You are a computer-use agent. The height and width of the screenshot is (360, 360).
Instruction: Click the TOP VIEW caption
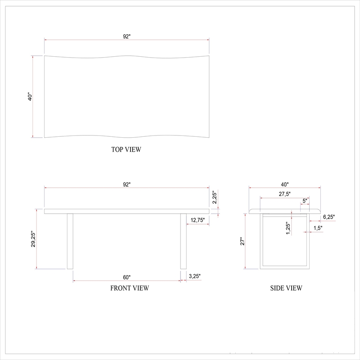click(x=126, y=149)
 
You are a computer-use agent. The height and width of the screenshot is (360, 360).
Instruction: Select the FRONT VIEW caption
click(x=130, y=288)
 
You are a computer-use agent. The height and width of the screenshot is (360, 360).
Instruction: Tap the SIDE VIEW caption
click(x=286, y=288)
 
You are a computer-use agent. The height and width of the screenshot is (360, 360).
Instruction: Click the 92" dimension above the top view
click(x=127, y=36)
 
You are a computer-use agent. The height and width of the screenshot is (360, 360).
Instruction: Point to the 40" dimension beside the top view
click(x=30, y=97)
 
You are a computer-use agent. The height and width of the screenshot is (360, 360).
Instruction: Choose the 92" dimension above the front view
click(x=127, y=184)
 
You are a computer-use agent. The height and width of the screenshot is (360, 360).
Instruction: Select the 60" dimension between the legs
click(x=127, y=277)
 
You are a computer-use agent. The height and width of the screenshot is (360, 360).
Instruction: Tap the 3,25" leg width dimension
click(x=195, y=276)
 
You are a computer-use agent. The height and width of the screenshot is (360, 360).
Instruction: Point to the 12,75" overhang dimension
click(x=198, y=220)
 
